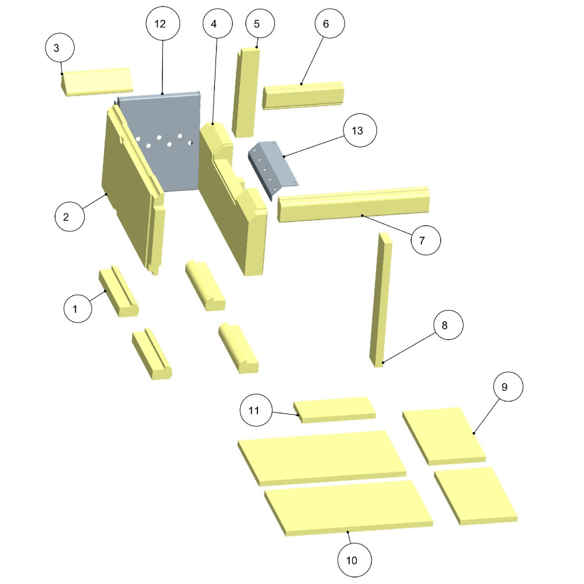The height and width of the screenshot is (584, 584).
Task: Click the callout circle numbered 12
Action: (160, 24)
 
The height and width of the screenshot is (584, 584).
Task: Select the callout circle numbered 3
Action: (56, 48)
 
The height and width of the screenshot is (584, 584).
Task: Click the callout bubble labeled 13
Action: (357, 131)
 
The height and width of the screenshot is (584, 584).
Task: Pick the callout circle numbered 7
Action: (426, 240)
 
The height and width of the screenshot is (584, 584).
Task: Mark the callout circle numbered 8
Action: (444, 326)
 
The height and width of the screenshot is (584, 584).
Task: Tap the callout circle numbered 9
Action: (505, 387)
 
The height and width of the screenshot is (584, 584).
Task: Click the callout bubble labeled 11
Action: (253, 411)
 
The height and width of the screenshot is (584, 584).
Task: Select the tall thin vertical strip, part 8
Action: (381, 298)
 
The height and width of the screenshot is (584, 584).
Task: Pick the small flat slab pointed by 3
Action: (98, 81)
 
